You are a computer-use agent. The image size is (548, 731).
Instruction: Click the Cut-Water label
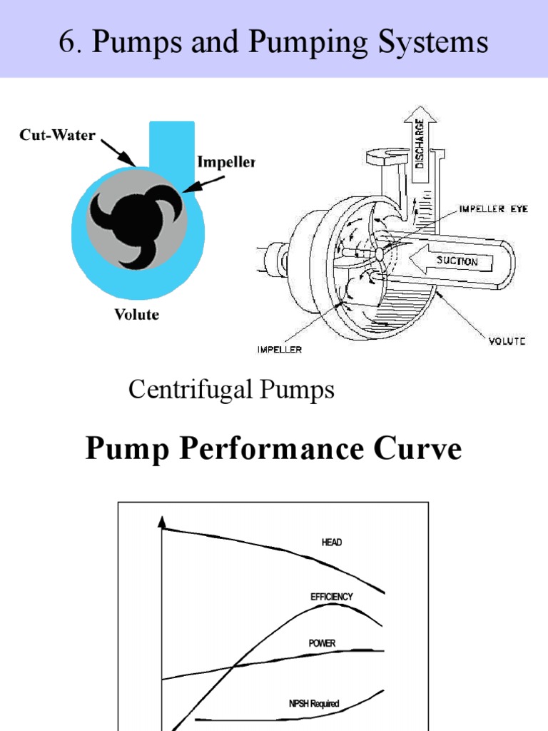click(x=57, y=135)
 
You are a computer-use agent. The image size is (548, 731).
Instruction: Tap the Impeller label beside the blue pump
click(x=225, y=162)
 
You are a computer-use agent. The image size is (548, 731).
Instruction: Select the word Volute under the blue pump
click(x=137, y=313)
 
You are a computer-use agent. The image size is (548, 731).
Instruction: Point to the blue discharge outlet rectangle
click(x=172, y=146)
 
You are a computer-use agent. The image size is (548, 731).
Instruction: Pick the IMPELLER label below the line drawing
click(x=279, y=350)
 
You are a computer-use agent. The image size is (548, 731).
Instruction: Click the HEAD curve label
click(x=332, y=543)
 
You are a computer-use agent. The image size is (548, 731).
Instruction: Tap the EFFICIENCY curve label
click(x=331, y=596)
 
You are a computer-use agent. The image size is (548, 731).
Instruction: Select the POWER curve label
click(x=322, y=643)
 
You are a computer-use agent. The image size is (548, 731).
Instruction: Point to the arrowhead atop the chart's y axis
click(x=163, y=523)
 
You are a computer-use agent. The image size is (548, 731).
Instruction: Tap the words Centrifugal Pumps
click(x=231, y=390)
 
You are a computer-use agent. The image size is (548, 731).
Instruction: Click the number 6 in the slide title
click(x=67, y=42)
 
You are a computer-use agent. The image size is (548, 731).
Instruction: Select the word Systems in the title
click(x=435, y=42)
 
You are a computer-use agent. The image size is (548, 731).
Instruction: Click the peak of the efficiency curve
click(x=332, y=605)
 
